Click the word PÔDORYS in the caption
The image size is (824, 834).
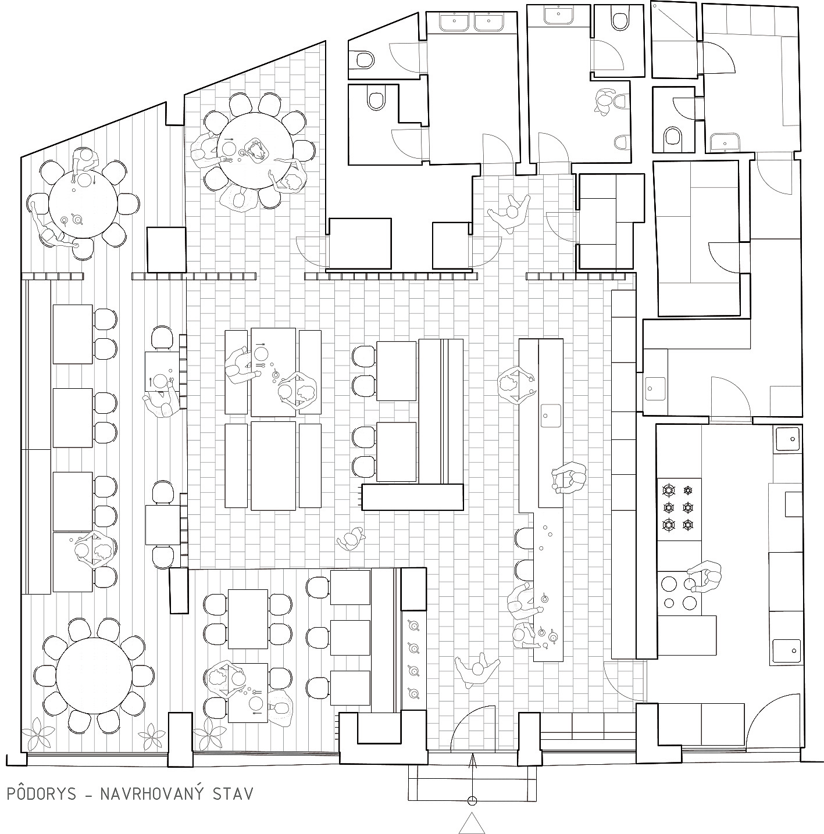pos(42,794)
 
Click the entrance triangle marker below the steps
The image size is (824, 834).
pos(472,824)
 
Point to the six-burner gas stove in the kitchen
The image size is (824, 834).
pos(679,509)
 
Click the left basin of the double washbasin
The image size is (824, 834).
pos(454,22)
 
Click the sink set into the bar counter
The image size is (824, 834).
pos(550,416)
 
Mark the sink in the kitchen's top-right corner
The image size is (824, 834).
pos(787,439)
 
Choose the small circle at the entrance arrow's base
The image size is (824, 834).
pos(472,800)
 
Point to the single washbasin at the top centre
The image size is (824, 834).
pos(559,16)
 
